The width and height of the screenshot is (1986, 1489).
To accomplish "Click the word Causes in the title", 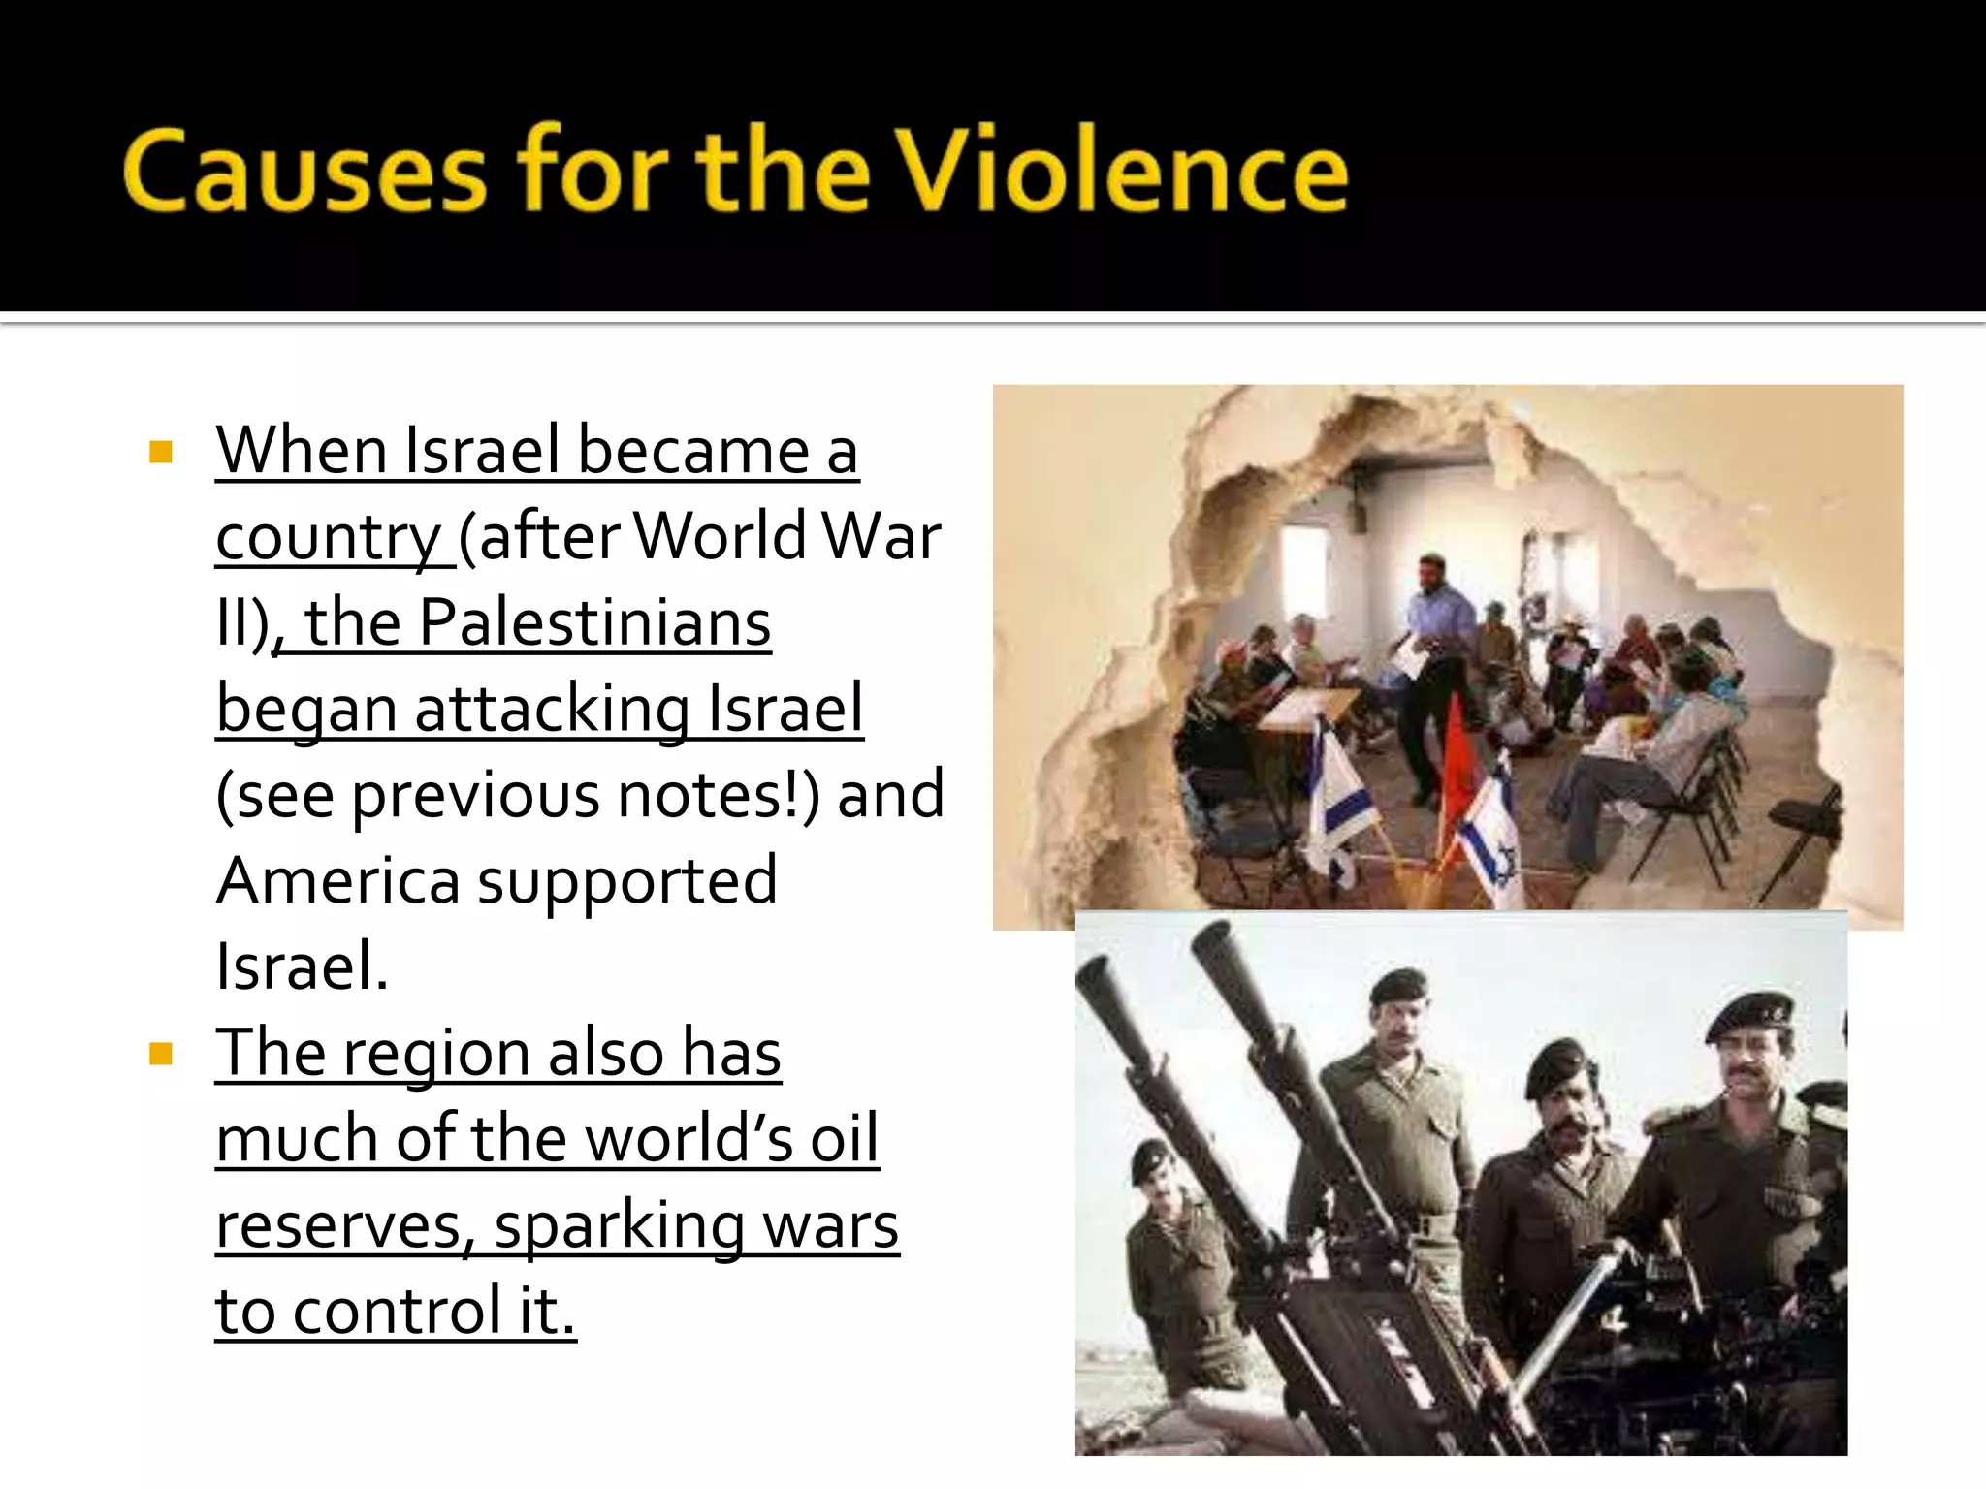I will coord(304,172).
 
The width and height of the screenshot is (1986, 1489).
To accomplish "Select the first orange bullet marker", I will coord(161,453).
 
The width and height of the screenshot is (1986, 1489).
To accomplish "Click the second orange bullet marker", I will coord(161,1054).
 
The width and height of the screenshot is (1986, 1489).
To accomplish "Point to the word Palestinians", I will coord(594,622).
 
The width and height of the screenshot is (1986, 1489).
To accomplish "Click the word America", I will coord(337,880).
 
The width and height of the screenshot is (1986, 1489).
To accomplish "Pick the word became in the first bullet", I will coord(692,451).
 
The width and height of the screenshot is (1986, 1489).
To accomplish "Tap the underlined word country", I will coord(329,538).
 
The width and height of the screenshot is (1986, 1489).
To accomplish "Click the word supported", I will coord(627,882).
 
